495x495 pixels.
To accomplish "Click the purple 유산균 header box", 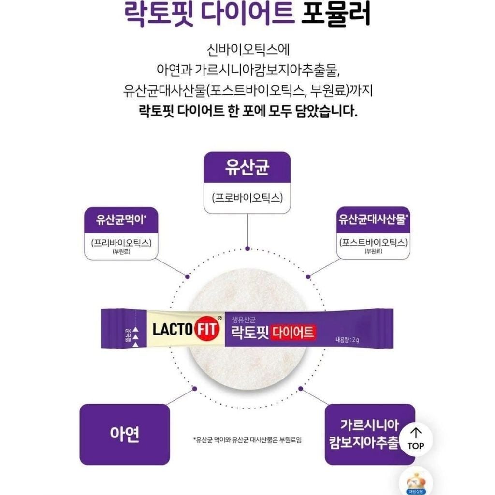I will (247, 167).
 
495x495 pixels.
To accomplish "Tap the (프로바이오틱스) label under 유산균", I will (247, 198).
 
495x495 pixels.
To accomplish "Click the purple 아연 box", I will (124, 434).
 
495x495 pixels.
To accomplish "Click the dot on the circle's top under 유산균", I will (247, 248).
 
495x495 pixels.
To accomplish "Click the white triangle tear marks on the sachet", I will (136, 332).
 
